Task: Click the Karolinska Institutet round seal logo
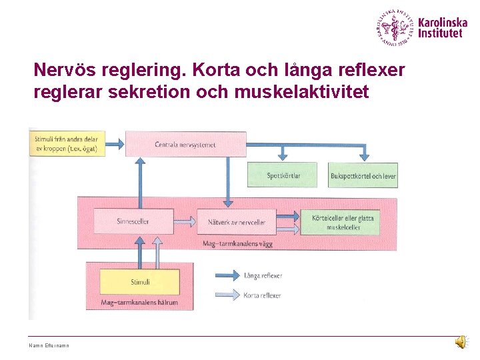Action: (x=394, y=28)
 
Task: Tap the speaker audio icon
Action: (x=461, y=342)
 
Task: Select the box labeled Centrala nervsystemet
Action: (x=185, y=143)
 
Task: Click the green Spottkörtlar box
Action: (x=283, y=175)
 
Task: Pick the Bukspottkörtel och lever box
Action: (x=363, y=175)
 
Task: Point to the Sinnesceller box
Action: (x=132, y=221)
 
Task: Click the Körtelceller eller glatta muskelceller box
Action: (x=343, y=222)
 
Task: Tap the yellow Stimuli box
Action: (x=140, y=282)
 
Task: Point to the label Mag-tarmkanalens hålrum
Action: (x=139, y=303)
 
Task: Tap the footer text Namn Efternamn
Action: (x=49, y=345)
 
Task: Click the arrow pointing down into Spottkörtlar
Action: (x=283, y=153)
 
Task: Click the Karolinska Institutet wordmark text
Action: (x=443, y=27)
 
